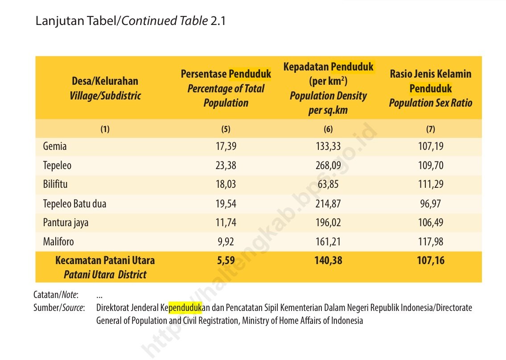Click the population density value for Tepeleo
tap(328, 166)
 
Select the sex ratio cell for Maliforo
tap(431, 242)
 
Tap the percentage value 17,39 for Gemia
tap(226, 146)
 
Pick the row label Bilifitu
tap(55, 184)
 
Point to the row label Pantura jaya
tap(66, 223)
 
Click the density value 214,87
tap(328, 204)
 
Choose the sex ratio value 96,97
tap(431, 204)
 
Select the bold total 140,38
tap(328, 260)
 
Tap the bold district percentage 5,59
tap(226, 260)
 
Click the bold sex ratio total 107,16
tap(431, 260)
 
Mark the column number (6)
tap(328, 129)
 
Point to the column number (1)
tap(105, 129)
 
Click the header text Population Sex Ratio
tap(430, 103)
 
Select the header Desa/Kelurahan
tap(105, 81)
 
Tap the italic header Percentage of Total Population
tap(226, 95)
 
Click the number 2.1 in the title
tap(218, 21)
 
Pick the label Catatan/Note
tap(55, 295)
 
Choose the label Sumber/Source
tap(59, 308)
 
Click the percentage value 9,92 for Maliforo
tap(226, 242)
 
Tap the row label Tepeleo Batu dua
tap(74, 204)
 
